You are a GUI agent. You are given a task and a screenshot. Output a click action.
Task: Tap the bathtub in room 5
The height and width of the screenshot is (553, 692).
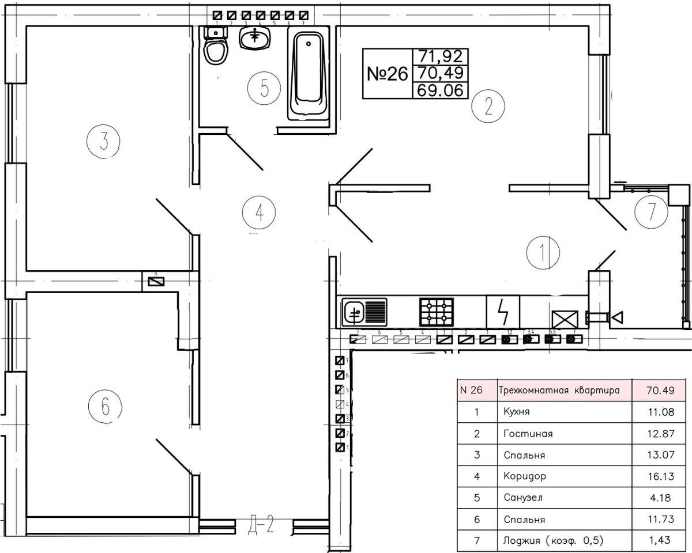[x=309, y=75]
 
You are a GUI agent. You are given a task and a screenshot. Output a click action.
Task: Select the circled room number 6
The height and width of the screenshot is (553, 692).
[x=105, y=407]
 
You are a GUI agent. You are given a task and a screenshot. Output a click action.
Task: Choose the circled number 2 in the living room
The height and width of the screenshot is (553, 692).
[x=488, y=106]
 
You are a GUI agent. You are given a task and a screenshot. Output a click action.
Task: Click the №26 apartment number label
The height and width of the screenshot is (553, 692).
[x=387, y=74]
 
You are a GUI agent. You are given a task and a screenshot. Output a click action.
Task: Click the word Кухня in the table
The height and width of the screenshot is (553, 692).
[x=516, y=412]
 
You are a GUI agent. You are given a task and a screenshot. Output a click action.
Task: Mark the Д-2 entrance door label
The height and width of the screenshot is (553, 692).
[x=265, y=525]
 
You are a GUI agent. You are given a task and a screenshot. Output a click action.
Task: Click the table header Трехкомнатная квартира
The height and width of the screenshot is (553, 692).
[x=559, y=390]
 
